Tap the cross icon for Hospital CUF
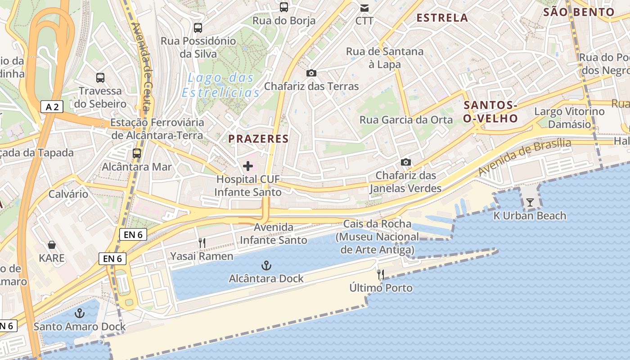(248, 166)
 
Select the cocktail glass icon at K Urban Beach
(530, 202)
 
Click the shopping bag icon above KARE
(52, 245)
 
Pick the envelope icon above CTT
(364, 8)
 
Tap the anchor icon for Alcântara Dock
(266, 265)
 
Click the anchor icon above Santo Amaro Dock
(80, 313)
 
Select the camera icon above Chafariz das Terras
(311, 73)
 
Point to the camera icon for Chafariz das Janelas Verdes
(405, 162)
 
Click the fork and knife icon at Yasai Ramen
(202, 243)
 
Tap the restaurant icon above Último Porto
(381, 274)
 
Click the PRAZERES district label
(258, 139)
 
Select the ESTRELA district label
(442, 18)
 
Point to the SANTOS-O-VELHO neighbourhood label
(490, 112)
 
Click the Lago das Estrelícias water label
(221, 85)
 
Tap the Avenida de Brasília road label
(525, 157)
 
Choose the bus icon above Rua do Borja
(284, 7)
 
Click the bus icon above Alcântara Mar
(137, 153)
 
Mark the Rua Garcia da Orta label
(406, 120)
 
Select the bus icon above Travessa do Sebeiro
(100, 78)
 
